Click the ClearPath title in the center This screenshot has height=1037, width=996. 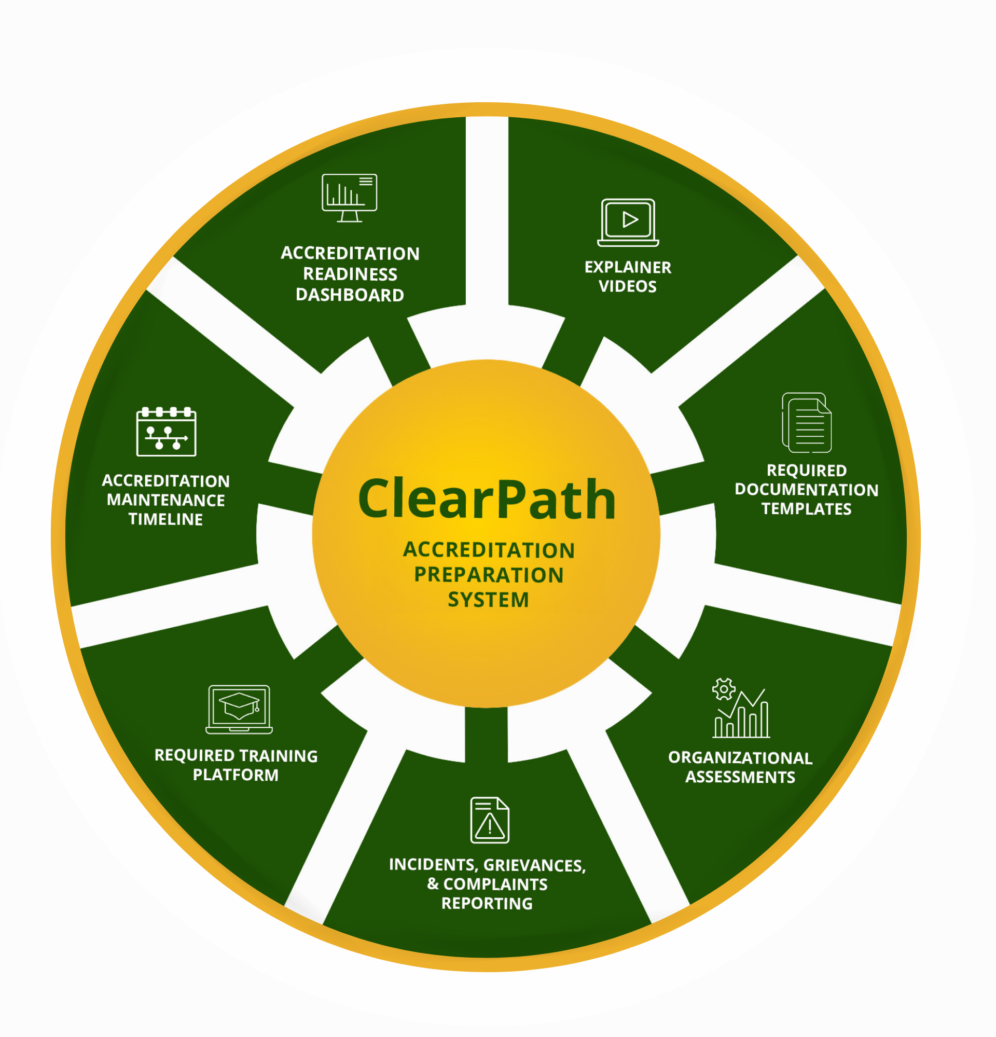(x=487, y=499)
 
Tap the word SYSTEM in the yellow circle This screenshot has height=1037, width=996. (x=488, y=600)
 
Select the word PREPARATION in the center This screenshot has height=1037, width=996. (x=489, y=575)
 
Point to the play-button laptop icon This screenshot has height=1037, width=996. (x=628, y=222)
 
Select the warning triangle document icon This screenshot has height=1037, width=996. (x=490, y=820)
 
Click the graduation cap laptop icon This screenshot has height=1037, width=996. (x=239, y=709)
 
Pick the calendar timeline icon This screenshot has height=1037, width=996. (x=166, y=432)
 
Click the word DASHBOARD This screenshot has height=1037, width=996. (x=350, y=295)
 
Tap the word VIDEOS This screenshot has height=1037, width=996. (x=627, y=287)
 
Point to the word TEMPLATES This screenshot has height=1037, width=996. (x=806, y=509)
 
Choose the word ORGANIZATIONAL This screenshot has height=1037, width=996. (x=740, y=757)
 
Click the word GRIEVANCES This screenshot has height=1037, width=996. (x=534, y=866)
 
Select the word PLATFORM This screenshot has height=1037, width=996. (x=236, y=775)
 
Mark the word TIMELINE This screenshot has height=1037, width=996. (x=165, y=520)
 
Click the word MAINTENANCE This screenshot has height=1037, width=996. (x=165, y=501)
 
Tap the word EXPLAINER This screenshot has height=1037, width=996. (x=628, y=268)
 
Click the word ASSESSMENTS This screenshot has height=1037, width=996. (x=740, y=777)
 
